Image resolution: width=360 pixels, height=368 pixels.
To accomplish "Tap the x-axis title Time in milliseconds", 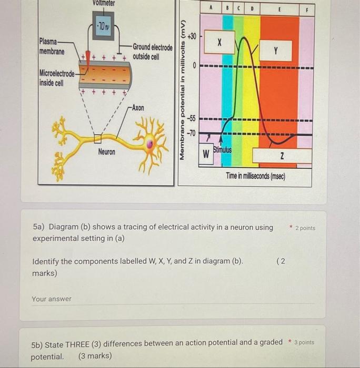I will tap(255, 177).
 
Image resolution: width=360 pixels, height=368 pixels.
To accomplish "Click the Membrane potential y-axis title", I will tap(183, 89).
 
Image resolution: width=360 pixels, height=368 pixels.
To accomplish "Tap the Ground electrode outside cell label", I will tap(152, 52).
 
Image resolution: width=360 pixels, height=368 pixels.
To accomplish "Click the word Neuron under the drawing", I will tap(107, 152).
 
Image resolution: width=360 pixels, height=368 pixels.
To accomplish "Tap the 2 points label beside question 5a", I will tap(305, 228).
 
